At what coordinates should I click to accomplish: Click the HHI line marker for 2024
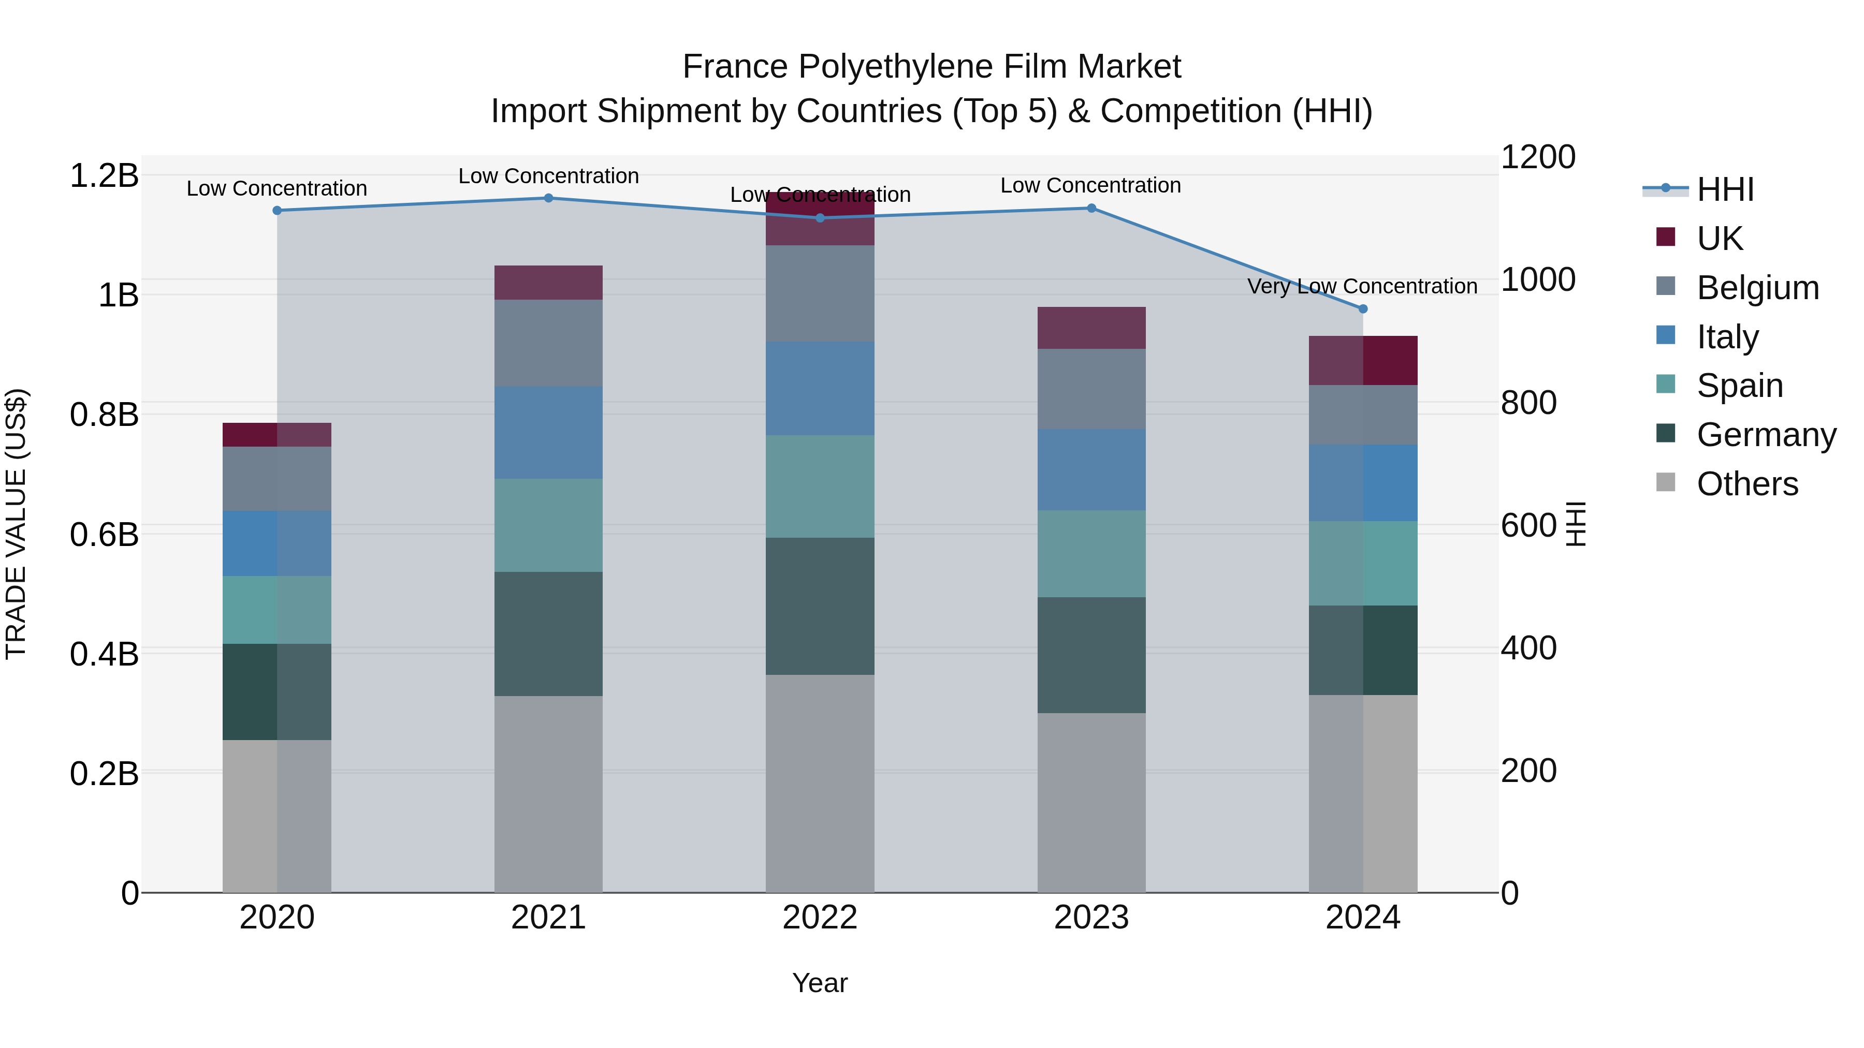click(1363, 309)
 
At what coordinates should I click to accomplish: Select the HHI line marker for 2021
click(548, 198)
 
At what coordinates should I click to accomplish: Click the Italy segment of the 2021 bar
click(548, 433)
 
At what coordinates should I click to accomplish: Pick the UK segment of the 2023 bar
click(1091, 328)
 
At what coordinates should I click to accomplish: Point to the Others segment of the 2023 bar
click(1091, 803)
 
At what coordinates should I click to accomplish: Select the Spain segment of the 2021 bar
click(548, 525)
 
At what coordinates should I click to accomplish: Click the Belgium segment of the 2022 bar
click(820, 293)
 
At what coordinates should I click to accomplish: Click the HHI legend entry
click(1725, 189)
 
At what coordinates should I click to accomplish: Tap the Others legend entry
click(1747, 484)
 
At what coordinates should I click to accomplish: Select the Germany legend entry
click(1766, 435)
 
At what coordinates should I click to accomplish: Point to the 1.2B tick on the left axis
click(104, 176)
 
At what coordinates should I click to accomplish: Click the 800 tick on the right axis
click(1528, 402)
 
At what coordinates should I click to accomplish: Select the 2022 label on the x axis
click(820, 918)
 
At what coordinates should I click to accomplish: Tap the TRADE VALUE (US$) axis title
click(16, 524)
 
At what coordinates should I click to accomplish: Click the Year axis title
click(820, 983)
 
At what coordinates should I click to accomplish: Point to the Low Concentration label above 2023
click(1090, 185)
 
